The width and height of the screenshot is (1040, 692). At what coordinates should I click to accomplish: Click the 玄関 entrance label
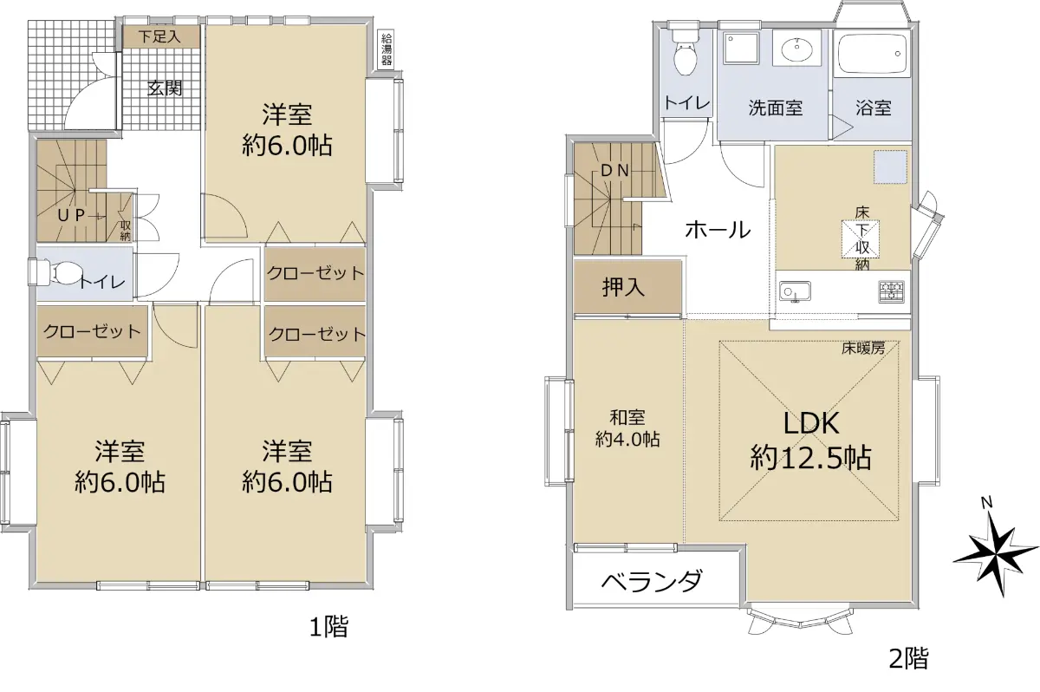click(x=165, y=88)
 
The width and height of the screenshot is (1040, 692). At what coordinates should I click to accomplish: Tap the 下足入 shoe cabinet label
click(x=159, y=36)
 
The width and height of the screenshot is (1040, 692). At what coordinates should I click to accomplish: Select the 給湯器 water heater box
click(x=387, y=49)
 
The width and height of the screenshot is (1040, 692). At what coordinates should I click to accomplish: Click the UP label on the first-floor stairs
click(x=71, y=215)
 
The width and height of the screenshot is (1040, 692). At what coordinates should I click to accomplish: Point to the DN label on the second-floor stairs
click(x=614, y=171)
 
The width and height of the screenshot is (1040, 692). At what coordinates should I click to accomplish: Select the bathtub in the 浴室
click(x=872, y=55)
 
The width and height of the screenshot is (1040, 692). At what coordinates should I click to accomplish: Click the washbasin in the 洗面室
click(x=796, y=48)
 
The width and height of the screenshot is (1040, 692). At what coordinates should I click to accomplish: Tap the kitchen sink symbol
click(x=795, y=291)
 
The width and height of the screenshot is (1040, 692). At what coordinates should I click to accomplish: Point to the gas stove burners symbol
click(x=891, y=291)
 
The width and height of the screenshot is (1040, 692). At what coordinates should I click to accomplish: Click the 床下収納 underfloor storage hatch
click(x=861, y=238)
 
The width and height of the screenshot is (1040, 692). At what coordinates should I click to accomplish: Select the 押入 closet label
click(x=623, y=287)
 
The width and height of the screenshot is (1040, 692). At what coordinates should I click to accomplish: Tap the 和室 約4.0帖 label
click(x=627, y=428)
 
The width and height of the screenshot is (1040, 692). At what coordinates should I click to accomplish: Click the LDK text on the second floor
click(x=811, y=422)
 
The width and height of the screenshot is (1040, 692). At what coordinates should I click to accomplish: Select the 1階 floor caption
click(x=328, y=626)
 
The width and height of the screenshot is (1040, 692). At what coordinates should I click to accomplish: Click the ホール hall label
click(x=718, y=230)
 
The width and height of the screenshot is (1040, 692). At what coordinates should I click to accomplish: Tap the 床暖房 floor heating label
click(x=863, y=348)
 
